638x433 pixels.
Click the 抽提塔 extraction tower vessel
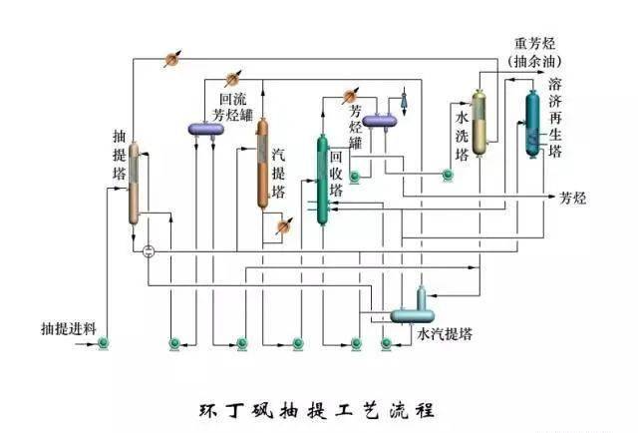134,183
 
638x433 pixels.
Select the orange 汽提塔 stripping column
263,164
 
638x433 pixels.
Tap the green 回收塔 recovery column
322,180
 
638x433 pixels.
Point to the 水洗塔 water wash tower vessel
479,122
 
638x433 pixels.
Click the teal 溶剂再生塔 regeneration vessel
532,124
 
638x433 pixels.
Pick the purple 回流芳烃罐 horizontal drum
206,130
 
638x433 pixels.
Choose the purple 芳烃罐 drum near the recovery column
380,121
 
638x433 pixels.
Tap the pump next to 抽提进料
104,343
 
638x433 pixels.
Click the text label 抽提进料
69,328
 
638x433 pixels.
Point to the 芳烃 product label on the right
573,198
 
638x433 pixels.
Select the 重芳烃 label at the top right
534,44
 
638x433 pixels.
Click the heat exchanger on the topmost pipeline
172,60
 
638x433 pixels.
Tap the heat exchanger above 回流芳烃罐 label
232,79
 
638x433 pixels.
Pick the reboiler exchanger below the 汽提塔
283,226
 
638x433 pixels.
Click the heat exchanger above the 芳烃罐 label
350,97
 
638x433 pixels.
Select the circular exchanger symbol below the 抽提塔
149,251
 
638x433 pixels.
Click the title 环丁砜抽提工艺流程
317,411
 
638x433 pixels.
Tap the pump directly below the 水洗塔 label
448,175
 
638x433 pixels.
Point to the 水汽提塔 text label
445,334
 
